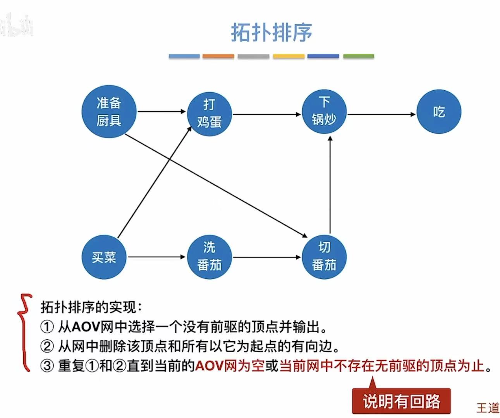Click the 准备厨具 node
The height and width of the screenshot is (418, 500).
tap(109, 112)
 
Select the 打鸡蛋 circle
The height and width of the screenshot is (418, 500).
tap(209, 113)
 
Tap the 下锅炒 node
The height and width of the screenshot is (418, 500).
tap(324, 111)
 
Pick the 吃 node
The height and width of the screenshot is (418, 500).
tap(439, 112)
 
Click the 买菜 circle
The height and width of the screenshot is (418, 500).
tap(104, 257)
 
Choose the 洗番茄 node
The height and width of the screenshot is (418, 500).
tap(209, 257)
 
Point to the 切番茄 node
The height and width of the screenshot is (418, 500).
tap(324, 257)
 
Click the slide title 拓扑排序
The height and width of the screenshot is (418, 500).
tap(271, 32)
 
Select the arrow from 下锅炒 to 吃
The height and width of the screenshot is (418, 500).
tap(381, 114)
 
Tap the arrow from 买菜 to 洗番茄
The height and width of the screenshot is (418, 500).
tap(157, 257)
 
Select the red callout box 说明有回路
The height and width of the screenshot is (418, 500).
tap(401, 401)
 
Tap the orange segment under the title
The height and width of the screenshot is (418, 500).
tap(218, 56)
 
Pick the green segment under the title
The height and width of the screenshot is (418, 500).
tap(359, 56)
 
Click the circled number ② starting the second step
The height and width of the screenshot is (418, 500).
tap(47, 346)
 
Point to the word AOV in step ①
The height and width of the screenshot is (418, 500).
tap(86, 327)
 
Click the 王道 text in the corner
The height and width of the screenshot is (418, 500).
tap(488, 408)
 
